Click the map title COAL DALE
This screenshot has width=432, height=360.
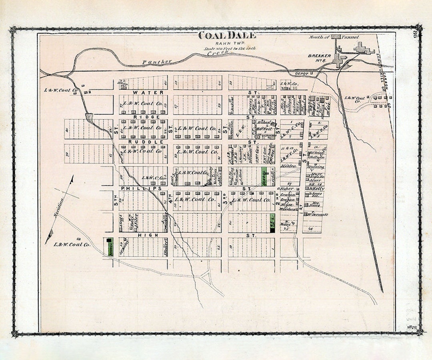227,35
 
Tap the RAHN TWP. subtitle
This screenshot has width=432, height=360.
227,44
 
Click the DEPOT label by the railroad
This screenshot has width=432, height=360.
306,74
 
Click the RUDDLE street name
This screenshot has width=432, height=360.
145,142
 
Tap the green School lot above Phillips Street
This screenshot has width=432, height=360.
264,176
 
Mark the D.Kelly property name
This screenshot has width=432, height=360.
316,188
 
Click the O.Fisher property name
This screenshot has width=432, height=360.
287,188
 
